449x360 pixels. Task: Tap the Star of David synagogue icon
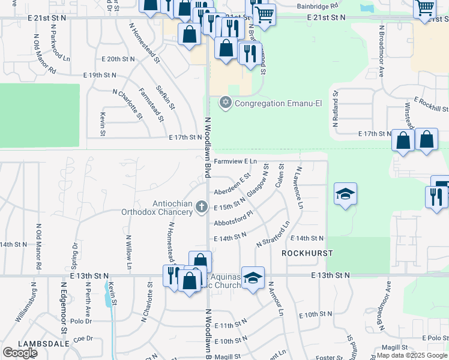[226, 103]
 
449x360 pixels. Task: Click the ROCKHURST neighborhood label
[307, 253]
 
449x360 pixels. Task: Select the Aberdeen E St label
[232, 185]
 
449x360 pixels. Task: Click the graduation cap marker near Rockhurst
[345, 194]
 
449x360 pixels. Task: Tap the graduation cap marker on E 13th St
[253, 278]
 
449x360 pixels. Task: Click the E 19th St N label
[100, 75]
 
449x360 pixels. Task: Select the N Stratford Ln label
[273, 234]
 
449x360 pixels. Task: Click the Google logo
[20, 353]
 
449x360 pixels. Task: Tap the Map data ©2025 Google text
[412, 355]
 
